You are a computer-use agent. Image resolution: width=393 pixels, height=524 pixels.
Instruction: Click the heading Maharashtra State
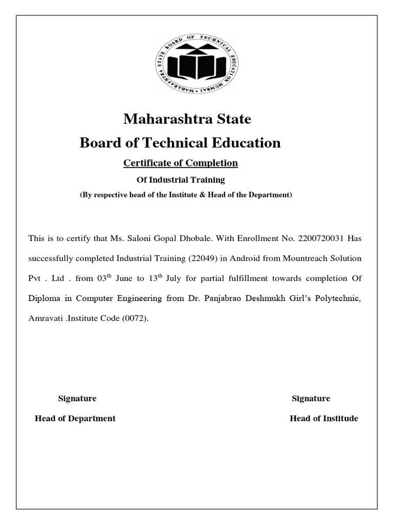pos(187,120)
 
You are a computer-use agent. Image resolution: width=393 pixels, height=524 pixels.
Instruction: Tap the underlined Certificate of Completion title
pos(181,163)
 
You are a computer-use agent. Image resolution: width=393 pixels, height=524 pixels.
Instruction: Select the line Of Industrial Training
pos(180,180)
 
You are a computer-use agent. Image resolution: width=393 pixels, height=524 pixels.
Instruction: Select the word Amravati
pos(45,318)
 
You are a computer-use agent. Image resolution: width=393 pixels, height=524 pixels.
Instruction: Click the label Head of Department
pos(75,419)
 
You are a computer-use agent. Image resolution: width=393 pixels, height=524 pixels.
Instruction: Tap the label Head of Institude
pos(324,419)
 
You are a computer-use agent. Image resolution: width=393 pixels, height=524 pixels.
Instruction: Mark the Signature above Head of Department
pos(77,399)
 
